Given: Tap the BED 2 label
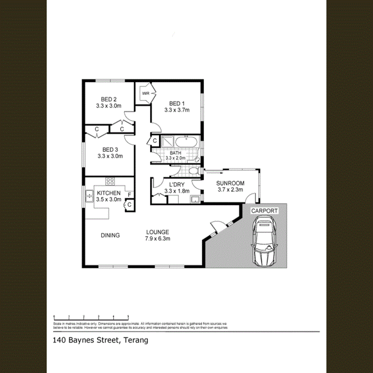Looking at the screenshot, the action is click(109, 99).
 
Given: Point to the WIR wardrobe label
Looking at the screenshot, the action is click(145, 93).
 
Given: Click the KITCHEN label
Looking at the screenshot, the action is click(109, 193).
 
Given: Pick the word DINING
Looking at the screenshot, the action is click(110, 235).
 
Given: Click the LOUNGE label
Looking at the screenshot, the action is click(157, 232).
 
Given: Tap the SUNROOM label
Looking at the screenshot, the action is click(230, 183).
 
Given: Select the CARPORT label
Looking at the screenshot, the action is click(264, 211).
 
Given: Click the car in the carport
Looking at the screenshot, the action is click(264, 242).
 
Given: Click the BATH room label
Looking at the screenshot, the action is click(175, 153).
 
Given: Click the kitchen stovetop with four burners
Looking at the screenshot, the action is click(110, 181).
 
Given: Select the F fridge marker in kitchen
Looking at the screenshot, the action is click(129, 194).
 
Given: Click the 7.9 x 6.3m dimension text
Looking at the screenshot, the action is click(157, 238).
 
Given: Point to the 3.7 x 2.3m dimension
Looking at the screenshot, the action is click(230, 190).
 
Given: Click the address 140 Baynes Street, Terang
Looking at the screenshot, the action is click(100, 341).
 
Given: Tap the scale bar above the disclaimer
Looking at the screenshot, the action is click(91, 317).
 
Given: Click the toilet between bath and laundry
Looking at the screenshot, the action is click(193, 171).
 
